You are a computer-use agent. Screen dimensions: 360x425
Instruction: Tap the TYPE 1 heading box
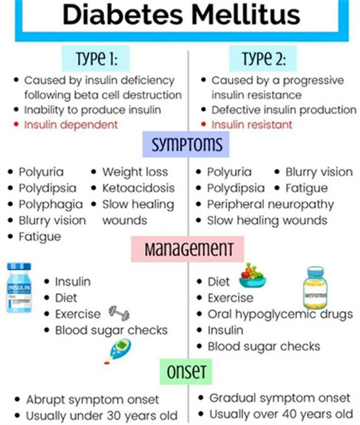coord(95,58)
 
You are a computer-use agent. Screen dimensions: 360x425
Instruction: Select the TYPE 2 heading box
coord(263,58)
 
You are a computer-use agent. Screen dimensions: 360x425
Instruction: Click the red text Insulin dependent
coord(71,125)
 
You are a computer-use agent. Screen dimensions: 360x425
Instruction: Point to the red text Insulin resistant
coord(252,125)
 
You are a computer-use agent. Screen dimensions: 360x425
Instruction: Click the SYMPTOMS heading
coord(186,144)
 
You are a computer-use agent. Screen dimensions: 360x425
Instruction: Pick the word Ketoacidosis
coord(138,188)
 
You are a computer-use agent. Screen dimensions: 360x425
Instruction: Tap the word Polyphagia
coord(50,205)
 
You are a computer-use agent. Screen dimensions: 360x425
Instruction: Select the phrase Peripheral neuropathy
coord(270,205)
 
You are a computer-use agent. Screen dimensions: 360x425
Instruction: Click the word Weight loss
coord(135,172)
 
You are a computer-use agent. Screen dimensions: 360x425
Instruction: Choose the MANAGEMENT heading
coord(187,249)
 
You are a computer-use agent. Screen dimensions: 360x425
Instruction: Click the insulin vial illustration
coord(19,287)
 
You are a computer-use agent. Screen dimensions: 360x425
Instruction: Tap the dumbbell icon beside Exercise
coord(119,313)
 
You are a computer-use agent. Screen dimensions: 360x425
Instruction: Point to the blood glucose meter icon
coord(118,351)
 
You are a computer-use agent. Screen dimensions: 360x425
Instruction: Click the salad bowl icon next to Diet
coord(253,276)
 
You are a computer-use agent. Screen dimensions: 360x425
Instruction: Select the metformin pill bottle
coord(315,287)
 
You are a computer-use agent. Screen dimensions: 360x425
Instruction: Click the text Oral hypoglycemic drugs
coord(280,314)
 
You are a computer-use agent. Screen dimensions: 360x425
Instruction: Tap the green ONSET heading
coord(186,372)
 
